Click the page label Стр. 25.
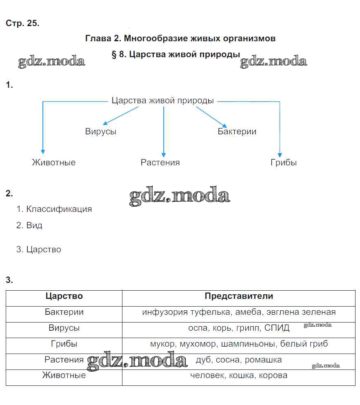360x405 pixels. (x=22, y=23)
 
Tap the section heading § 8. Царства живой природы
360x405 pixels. (x=176, y=55)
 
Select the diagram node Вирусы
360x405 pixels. (x=100, y=131)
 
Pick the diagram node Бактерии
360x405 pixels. (x=237, y=131)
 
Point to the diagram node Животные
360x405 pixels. (x=53, y=162)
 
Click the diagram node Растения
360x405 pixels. (x=160, y=162)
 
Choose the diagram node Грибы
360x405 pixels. (x=283, y=162)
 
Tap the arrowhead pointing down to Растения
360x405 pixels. (x=163, y=155)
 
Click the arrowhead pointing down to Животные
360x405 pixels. (x=43, y=152)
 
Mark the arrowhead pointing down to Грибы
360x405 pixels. (x=280, y=155)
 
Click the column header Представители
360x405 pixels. (x=239, y=296)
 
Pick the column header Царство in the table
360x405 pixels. (x=64, y=296)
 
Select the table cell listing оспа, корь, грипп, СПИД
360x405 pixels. (x=239, y=328)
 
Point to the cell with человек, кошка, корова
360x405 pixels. (x=239, y=375)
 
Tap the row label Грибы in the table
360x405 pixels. (x=64, y=344)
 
